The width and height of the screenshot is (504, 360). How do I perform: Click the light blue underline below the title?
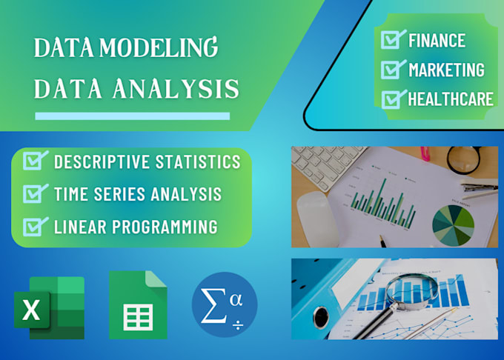click(133, 116)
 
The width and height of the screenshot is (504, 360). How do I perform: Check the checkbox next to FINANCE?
click(391, 40)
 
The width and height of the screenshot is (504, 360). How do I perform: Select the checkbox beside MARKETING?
click(391, 70)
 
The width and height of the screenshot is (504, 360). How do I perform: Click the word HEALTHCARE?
click(451, 99)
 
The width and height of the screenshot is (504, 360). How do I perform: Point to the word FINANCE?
click(437, 40)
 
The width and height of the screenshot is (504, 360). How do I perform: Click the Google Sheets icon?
click(138, 305)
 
